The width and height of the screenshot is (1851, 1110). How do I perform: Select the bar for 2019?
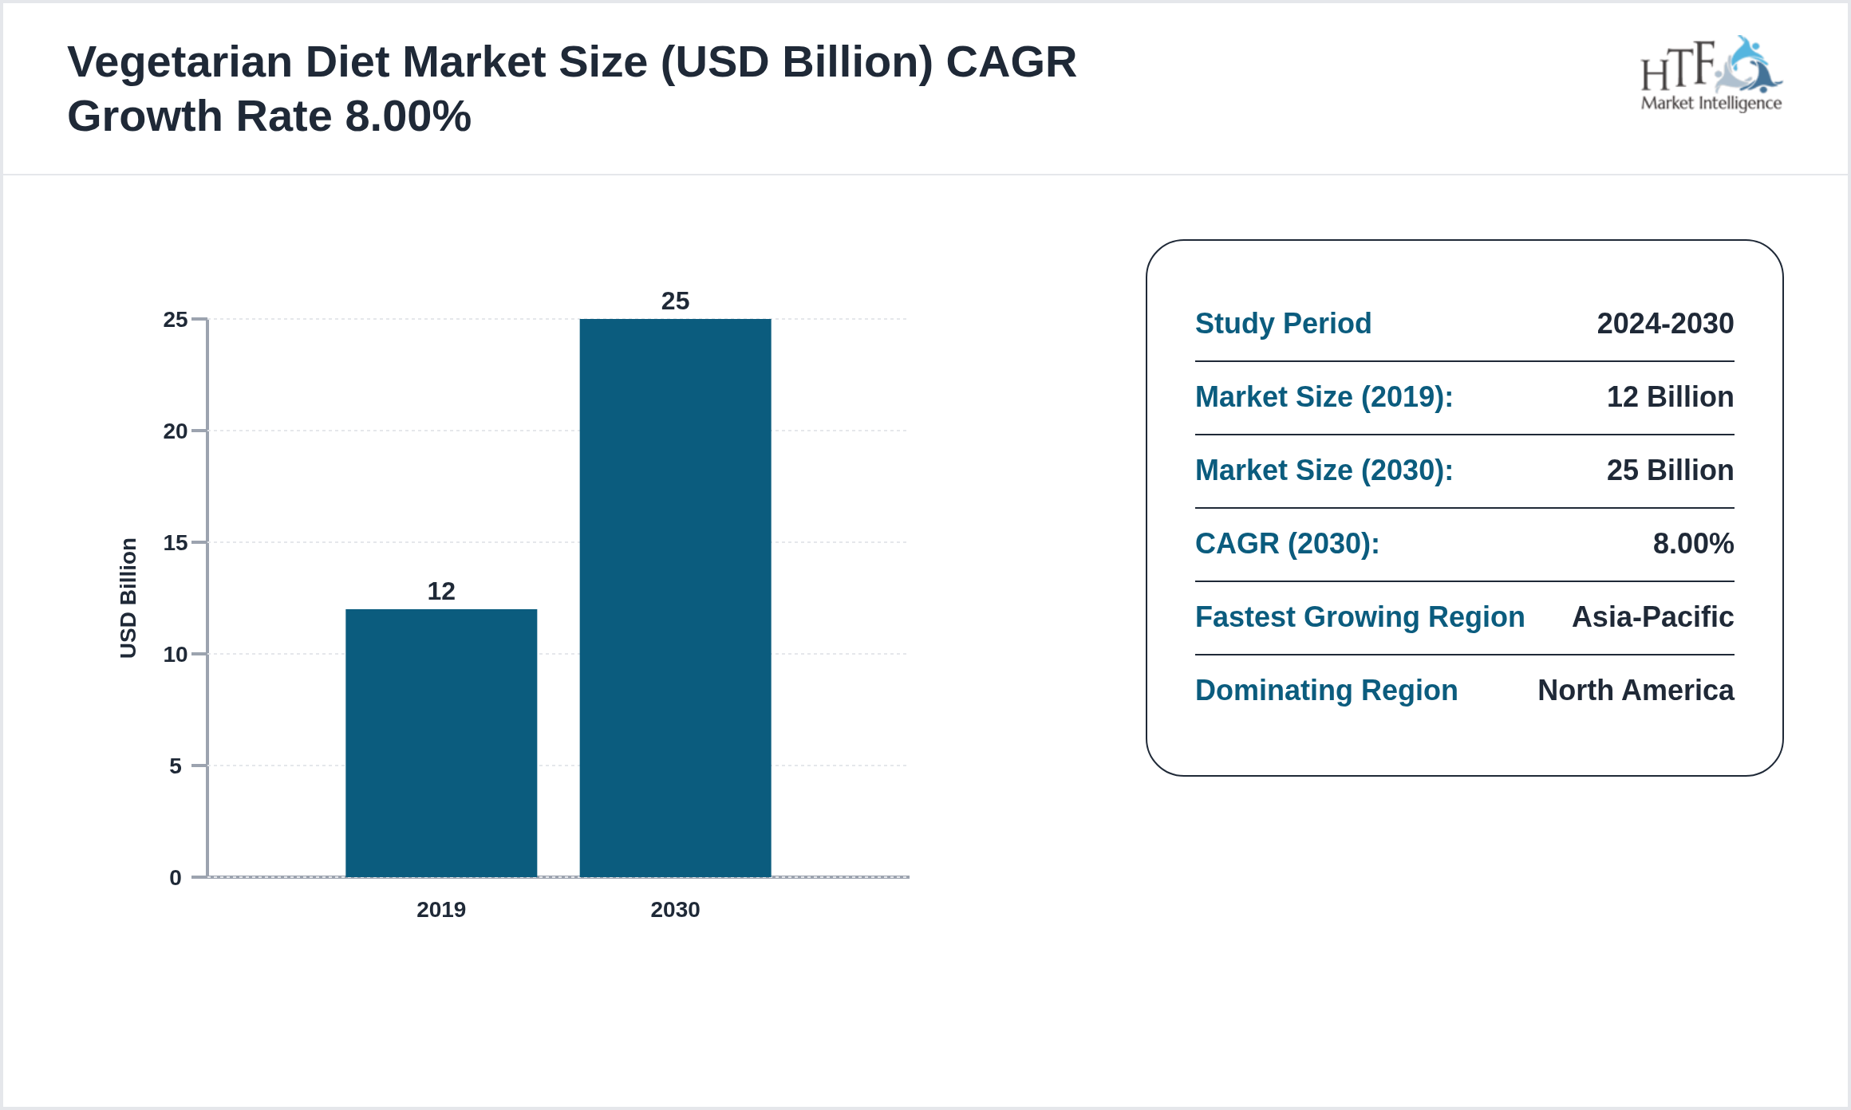tap(441, 742)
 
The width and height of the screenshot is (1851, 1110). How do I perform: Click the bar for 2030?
tap(675, 598)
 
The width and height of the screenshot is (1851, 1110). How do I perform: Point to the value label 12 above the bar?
tap(441, 591)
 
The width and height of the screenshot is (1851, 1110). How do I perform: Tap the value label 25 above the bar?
tap(675, 301)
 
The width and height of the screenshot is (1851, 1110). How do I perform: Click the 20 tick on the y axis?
tap(176, 431)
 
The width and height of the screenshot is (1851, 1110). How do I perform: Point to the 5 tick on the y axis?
tap(176, 766)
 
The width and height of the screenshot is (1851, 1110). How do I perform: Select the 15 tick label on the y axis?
tap(176, 543)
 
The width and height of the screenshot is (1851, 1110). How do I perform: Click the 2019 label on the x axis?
tap(441, 909)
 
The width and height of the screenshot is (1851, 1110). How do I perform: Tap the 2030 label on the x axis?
tap(675, 909)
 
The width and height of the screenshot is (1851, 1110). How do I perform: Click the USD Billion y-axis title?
tap(128, 598)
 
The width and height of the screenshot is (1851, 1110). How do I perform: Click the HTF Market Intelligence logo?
tap(1711, 75)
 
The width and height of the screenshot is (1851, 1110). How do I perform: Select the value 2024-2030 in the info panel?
tap(1665, 323)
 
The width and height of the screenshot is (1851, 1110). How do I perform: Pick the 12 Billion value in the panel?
tap(1670, 396)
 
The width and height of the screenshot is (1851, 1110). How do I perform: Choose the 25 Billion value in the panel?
tap(1670, 470)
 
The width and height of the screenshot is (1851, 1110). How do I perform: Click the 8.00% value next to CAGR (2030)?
tap(1693, 543)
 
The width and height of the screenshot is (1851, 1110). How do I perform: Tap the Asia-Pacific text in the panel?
tap(1652, 616)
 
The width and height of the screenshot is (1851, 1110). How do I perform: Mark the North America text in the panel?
tap(1636, 690)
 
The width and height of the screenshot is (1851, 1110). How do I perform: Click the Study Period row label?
tap(1283, 323)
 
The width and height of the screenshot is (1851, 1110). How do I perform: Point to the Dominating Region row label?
tap(1326, 690)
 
